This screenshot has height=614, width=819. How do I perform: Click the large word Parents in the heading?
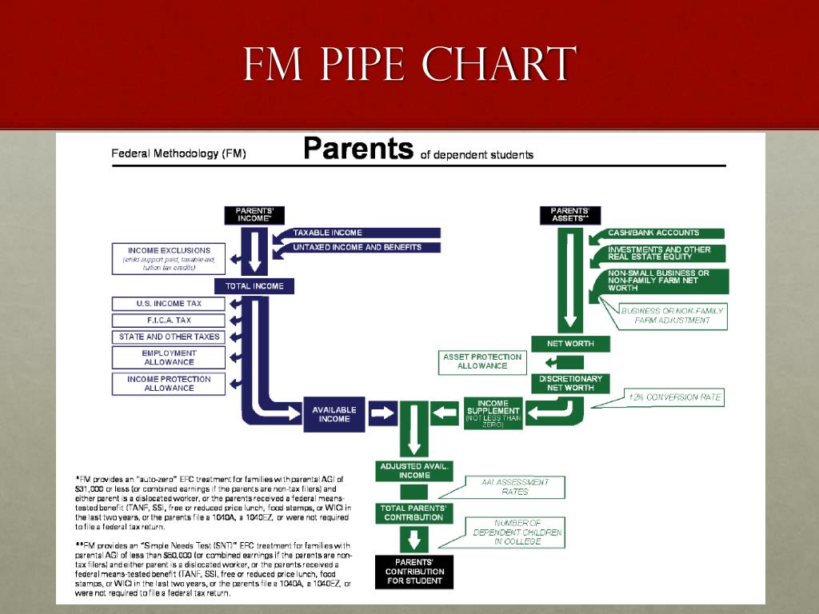[x=358, y=150]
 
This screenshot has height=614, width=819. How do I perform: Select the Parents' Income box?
[x=254, y=215]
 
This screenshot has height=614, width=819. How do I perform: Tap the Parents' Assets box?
[x=570, y=215]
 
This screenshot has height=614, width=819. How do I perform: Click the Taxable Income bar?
[x=356, y=233]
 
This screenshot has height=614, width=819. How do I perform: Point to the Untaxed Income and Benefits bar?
[x=356, y=248]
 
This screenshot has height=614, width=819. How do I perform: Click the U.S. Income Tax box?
[x=169, y=304]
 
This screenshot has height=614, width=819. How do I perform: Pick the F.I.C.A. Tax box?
[x=169, y=321]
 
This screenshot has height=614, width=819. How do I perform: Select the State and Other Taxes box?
[x=169, y=337]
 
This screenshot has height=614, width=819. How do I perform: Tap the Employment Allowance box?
[x=169, y=357]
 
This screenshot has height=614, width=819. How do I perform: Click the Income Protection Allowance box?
[x=169, y=384]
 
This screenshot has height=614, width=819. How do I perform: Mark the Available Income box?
[x=334, y=413]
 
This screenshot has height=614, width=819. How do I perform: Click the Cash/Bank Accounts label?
[x=654, y=233]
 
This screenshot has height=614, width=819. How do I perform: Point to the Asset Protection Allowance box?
[x=482, y=361]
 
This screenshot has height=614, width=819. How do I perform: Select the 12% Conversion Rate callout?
[x=674, y=397]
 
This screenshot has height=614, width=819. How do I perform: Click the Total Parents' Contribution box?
[x=412, y=512]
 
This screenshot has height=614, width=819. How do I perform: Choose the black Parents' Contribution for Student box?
[x=413, y=572]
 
